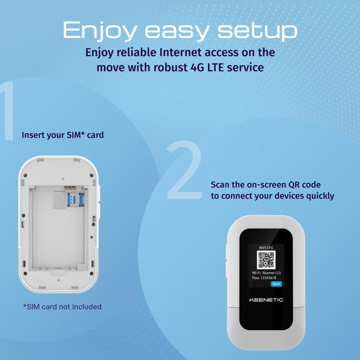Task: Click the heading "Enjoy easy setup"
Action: pyautogui.click(x=180, y=30)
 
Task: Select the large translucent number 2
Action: pyautogui.click(x=185, y=169)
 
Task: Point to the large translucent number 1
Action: pyautogui.click(x=8, y=111)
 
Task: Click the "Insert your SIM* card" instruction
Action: pyautogui.click(x=62, y=135)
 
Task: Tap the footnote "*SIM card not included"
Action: pyautogui.click(x=62, y=306)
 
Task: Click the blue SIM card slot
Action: pyautogui.click(x=75, y=199)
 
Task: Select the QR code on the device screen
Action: pyautogui.click(x=266, y=259)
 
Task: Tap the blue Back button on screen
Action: pyautogui.click(x=276, y=284)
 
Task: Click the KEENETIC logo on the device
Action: pyautogui.click(x=266, y=300)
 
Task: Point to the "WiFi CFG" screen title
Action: pyautogui.click(x=266, y=247)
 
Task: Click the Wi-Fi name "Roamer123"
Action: pyautogui.click(x=271, y=273)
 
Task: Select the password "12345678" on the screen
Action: pyautogui.click(x=268, y=278)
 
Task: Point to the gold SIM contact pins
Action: pyautogui.click(x=70, y=188)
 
